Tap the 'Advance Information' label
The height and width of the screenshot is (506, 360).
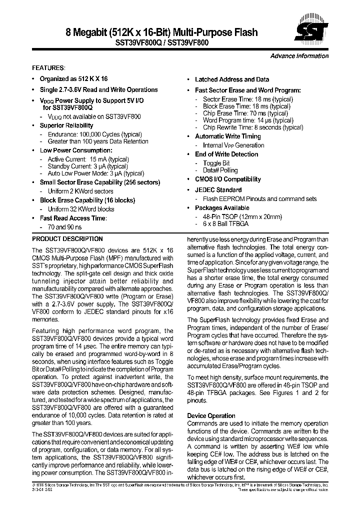click(299, 56)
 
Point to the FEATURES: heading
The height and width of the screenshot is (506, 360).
click(48, 67)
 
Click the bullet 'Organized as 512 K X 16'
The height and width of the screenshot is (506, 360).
click(73, 79)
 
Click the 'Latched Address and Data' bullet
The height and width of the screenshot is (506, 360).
click(231, 79)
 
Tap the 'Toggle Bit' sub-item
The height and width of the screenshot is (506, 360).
click(216, 163)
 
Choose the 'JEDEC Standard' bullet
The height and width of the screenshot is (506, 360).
click(218, 190)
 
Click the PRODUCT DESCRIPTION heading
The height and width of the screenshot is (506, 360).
click(67, 239)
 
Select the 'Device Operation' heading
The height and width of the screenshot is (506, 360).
click(211, 416)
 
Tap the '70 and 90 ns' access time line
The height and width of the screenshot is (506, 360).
click(64, 227)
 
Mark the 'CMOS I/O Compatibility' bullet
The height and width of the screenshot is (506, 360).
click(227, 179)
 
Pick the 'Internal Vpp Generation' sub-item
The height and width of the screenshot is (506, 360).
click(233, 145)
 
